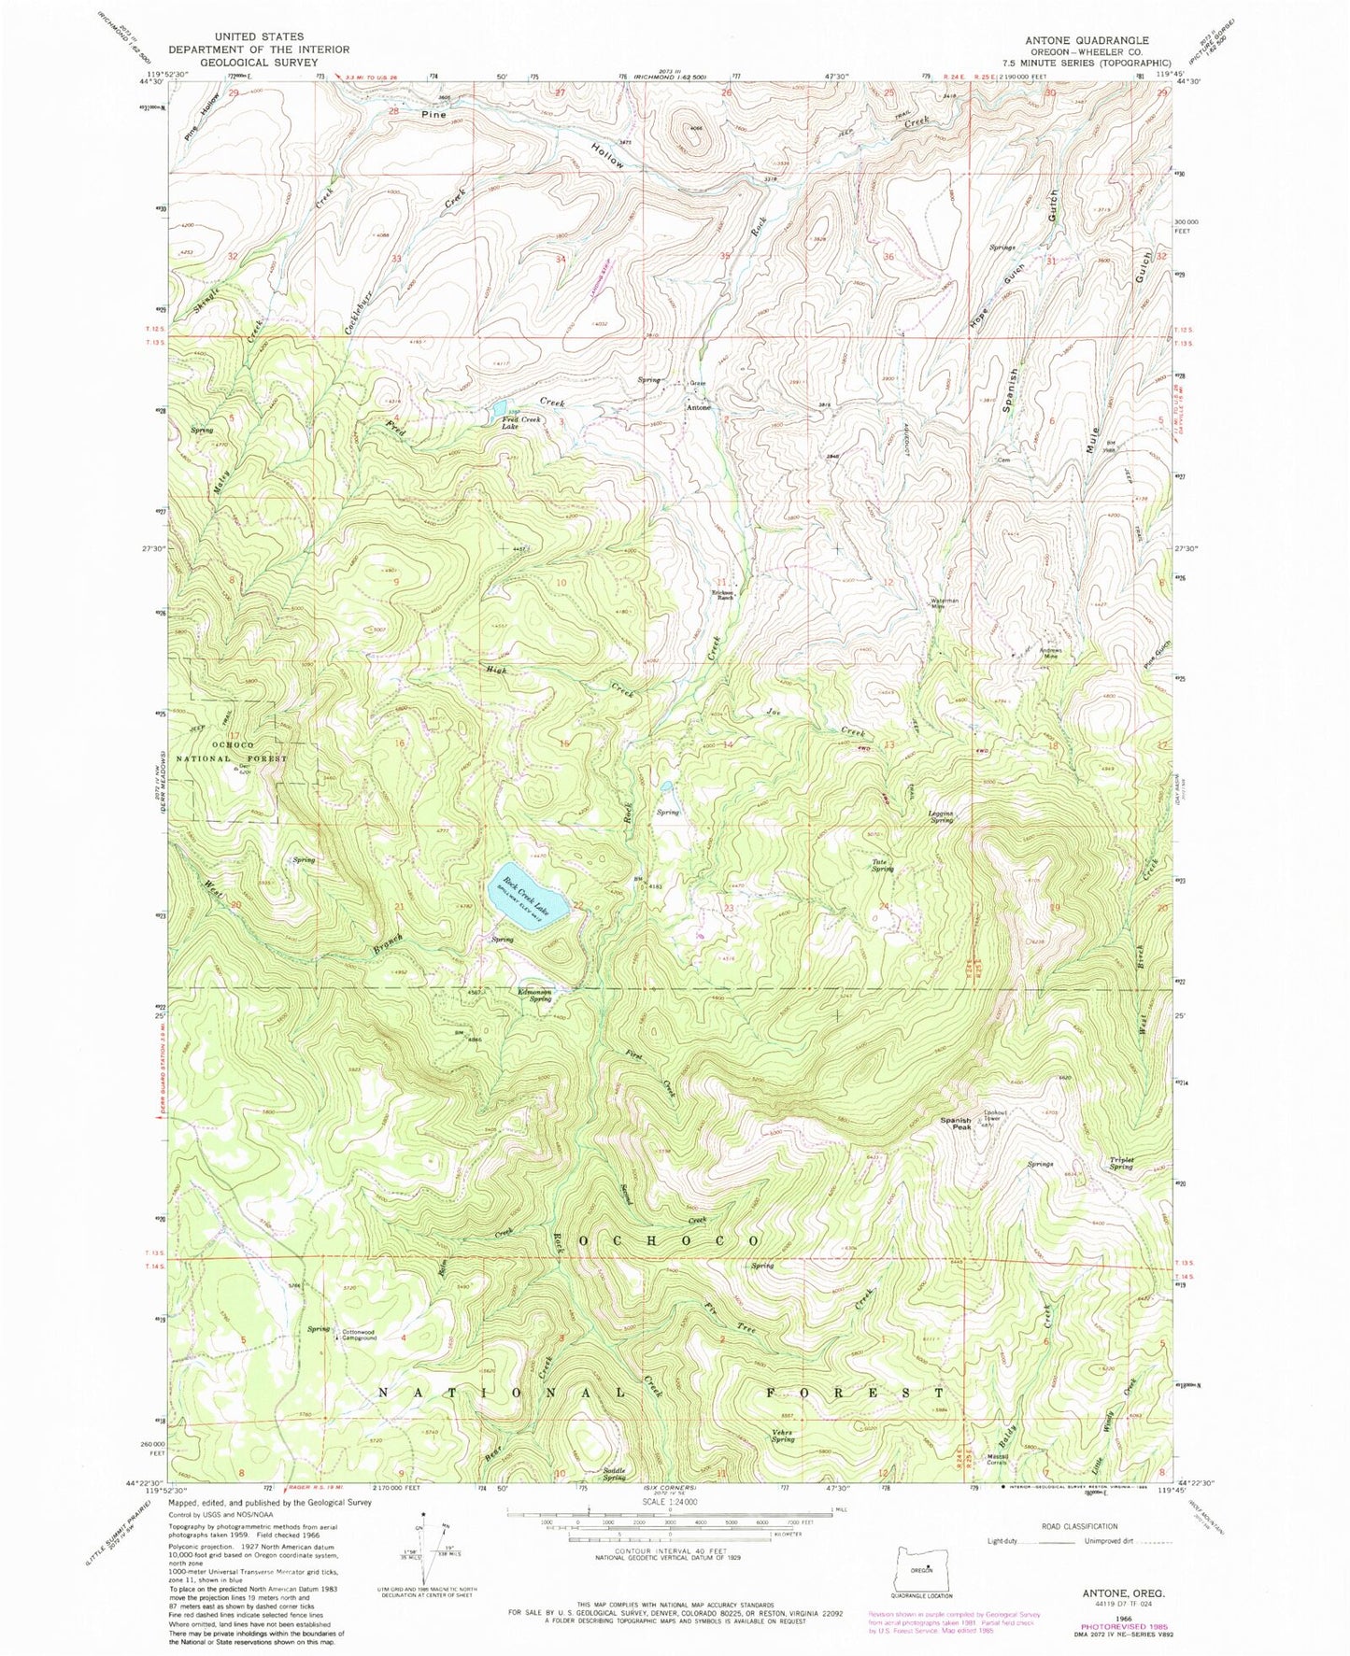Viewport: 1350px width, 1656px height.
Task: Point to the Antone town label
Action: click(698, 408)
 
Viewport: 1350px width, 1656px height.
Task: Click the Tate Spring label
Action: click(882, 865)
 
